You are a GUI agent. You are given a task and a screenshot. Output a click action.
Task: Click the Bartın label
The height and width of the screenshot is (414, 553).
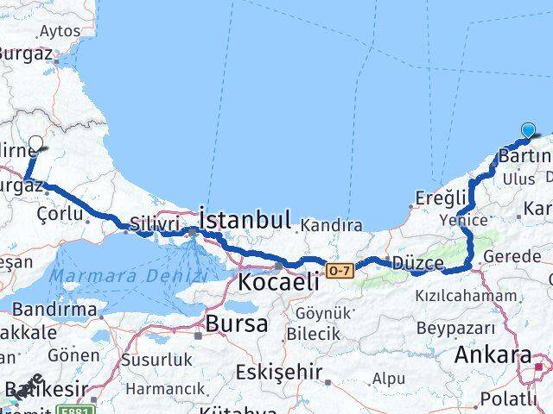click(x=524, y=157)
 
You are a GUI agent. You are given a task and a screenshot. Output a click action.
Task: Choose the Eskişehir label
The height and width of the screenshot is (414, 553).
click(x=278, y=373)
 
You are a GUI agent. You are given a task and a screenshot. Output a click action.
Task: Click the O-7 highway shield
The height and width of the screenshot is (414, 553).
click(x=339, y=272)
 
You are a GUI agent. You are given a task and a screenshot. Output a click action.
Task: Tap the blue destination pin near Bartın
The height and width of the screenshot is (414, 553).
click(x=529, y=131)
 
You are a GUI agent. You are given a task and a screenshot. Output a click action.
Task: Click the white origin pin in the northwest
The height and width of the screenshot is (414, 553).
click(x=36, y=144)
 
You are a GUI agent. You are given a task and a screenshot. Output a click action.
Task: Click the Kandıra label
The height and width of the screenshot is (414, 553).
click(x=331, y=226)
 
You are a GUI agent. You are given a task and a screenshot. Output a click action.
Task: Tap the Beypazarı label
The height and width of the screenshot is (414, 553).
click(x=455, y=328)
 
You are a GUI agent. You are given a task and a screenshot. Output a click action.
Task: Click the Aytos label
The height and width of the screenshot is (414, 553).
click(x=59, y=31)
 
